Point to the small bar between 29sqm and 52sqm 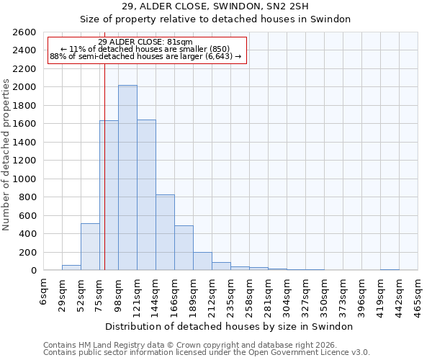(71, 267)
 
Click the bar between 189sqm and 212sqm (202, 261)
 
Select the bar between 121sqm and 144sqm (146, 195)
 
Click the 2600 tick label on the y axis (24, 32)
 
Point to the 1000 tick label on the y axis (24, 179)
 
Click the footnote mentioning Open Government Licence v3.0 (207, 353)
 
